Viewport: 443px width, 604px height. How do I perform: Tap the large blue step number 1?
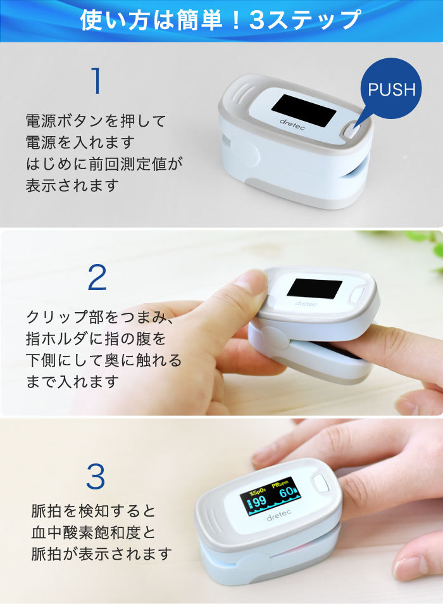97,80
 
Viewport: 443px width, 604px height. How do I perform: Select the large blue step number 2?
97,277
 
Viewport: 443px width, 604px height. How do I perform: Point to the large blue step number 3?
96,476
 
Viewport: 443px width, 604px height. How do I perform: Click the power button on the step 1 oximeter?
349,131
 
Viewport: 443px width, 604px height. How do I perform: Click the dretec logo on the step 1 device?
292,124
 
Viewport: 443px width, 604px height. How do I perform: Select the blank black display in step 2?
315,289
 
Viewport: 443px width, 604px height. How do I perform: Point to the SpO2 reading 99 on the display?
259,501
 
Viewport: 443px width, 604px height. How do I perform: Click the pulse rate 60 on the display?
286,493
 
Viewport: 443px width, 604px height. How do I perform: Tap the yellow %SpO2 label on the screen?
257,491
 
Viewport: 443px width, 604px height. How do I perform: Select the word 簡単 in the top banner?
200,20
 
